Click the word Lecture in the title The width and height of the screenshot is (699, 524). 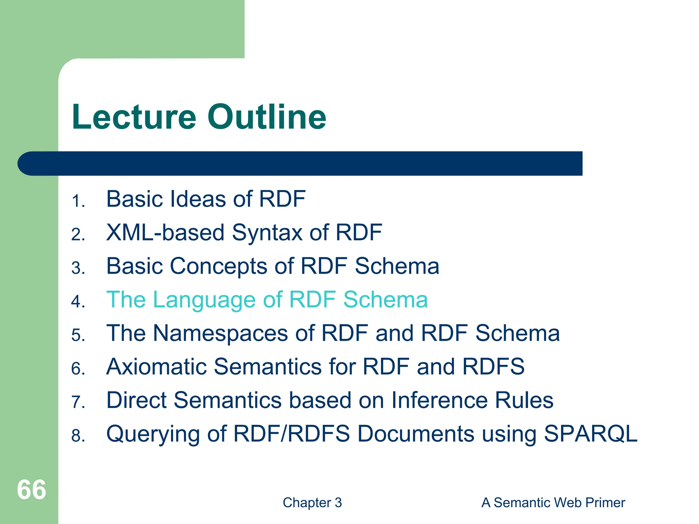(134, 117)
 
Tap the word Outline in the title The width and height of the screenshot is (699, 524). (267, 117)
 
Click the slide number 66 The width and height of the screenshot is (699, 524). (31, 490)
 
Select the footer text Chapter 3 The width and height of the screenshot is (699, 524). (312, 503)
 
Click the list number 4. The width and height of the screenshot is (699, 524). (78, 302)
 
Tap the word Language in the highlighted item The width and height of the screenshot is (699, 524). (204, 300)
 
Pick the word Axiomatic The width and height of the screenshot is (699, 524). (156, 366)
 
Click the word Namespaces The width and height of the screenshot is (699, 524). (220, 333)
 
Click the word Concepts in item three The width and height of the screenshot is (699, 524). (218, 266)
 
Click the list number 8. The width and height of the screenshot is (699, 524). (78, 436)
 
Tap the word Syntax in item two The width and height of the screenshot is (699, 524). (267, 233)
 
